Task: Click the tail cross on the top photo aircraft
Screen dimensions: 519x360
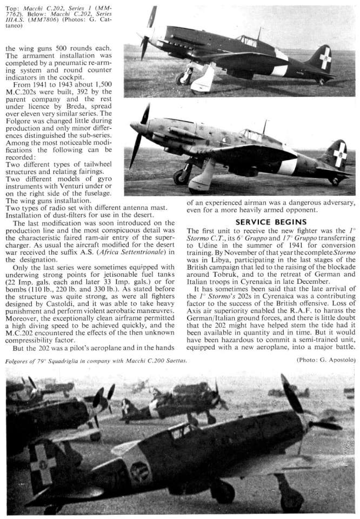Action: (324, 59)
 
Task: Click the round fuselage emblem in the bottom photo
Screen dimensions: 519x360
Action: (140, 471)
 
